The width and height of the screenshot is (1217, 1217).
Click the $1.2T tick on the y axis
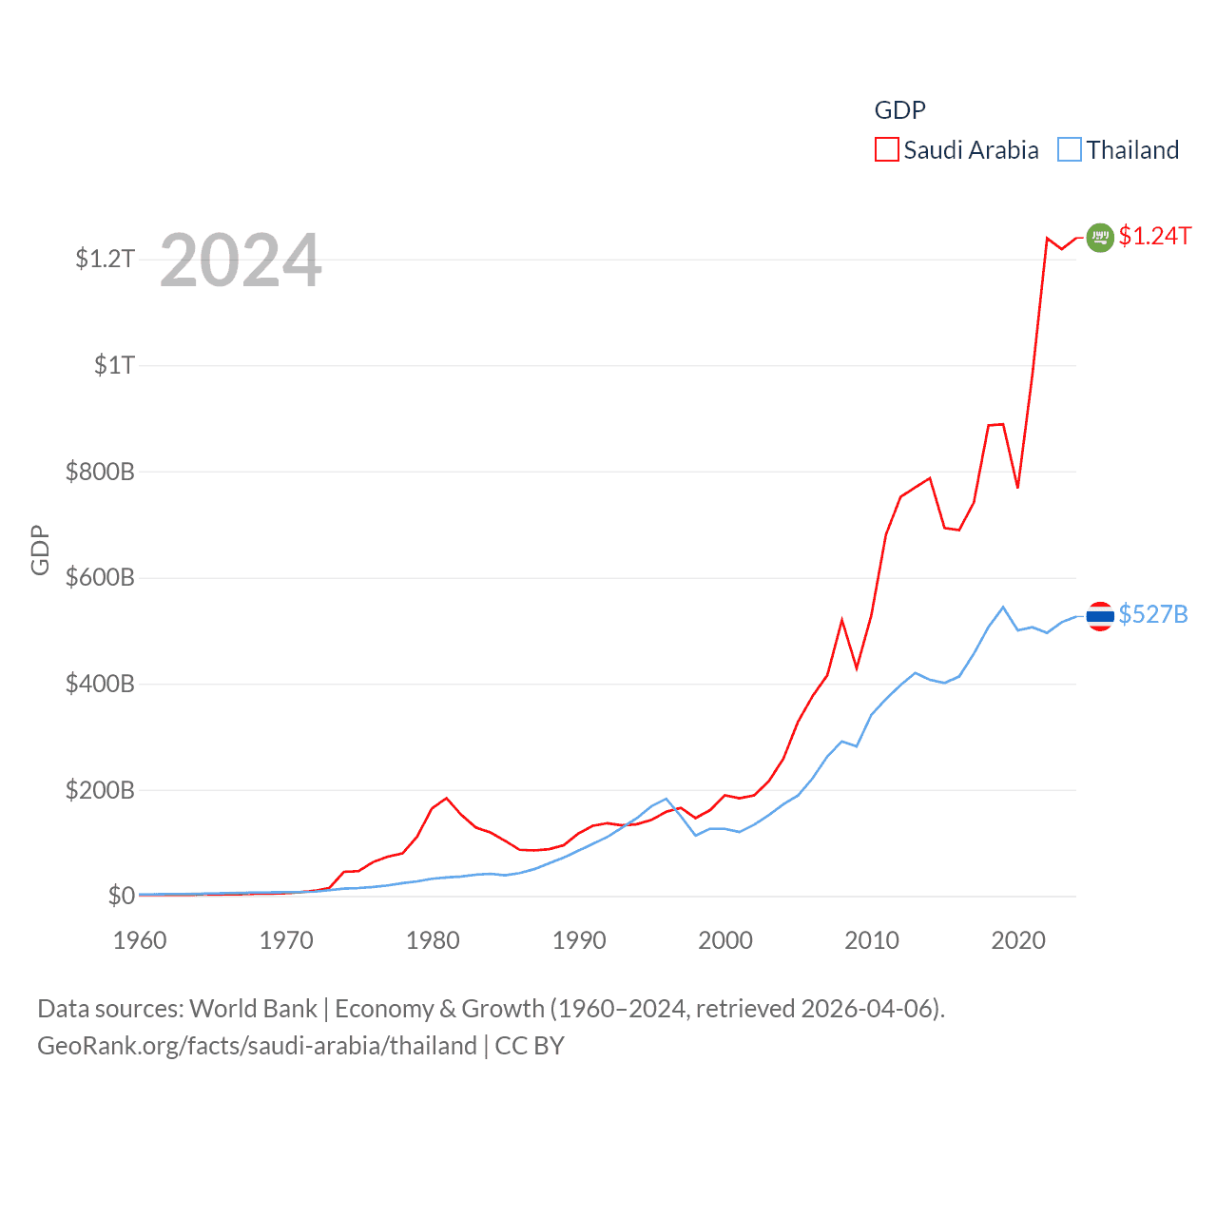(105, 259)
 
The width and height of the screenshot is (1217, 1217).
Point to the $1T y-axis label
(114, 365)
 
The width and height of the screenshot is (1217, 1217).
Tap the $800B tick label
(100, 472)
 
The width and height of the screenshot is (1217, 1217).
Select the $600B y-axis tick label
(100, 578)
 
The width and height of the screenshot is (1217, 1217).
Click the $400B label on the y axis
(100, 684)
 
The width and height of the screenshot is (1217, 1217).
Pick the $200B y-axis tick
(100, 790)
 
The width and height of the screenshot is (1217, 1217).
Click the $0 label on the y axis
(121, 896)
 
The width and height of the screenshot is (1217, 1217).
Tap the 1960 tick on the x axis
(140, 940)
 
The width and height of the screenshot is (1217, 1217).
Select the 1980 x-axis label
(433, 940)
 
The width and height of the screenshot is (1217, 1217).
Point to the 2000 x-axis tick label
(725, 940)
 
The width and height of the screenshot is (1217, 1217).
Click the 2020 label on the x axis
(1018, 940)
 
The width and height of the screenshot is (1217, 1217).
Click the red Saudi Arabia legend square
(886, 150)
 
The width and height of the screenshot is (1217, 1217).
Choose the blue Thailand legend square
(1070, 150)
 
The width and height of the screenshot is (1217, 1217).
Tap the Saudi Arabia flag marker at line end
(1100, 237)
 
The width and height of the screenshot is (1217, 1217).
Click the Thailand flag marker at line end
(1100, 616)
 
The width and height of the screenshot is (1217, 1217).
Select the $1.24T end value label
(1154, 236)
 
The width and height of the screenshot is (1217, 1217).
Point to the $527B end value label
(1153, 614)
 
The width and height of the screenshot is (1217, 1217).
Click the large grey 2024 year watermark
(241, 261)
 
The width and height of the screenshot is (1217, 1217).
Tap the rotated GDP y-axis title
(40, 550)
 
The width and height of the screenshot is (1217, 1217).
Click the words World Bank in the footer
(253, 1009)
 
